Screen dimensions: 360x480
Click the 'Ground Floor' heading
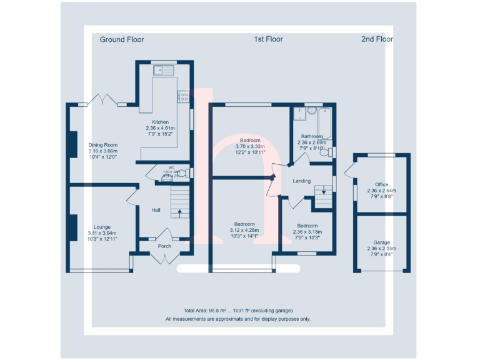pos(122,39)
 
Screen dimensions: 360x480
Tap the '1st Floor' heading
pos(268,39)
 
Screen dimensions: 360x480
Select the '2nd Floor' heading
pos(377,39)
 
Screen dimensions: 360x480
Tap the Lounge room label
pos(102,227)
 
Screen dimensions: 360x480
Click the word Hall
pos(156,210)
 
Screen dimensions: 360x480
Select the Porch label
pos(164,246)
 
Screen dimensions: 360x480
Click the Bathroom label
pos(312,136)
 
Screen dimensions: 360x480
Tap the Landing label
pos(302,181)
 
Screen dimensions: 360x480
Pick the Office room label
pos(382,185)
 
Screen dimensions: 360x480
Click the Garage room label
pos(382,242)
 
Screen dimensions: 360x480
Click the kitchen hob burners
pos(184,96)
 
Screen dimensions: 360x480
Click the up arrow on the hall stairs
pos(180,212)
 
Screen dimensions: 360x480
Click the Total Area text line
pos(238,311)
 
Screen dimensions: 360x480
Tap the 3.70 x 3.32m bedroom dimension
pos(250,146)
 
